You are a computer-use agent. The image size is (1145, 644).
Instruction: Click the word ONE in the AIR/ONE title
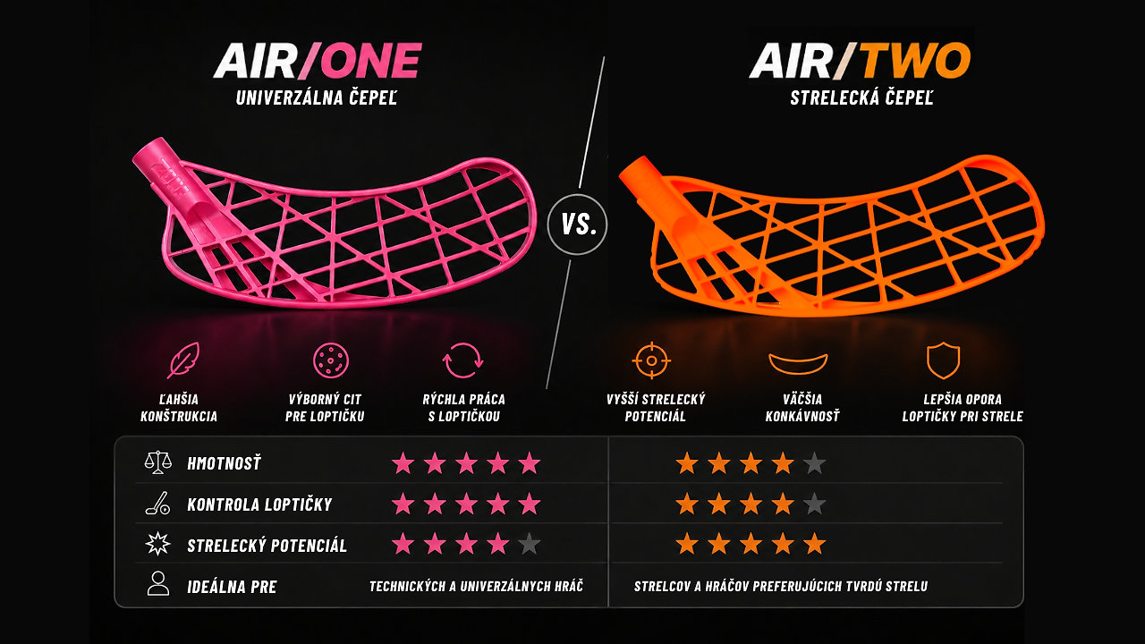click(x=373, y=60)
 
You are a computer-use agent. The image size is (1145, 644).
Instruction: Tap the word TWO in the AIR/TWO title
click(x=915, y=60)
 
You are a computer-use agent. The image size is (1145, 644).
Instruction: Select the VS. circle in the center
click(x=577, y=225)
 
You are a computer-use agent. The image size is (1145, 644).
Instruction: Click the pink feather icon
click(x=183, y=360)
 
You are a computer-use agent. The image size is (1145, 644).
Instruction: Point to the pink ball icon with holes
click(x=331, y=360)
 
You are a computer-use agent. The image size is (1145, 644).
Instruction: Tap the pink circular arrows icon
click(x=462, y=360)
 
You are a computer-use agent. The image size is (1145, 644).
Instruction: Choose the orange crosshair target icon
click(x=651, y=360)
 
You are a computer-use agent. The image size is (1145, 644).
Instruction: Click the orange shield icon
click(x=943, y=360)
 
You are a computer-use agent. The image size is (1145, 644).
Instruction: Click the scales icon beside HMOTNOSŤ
click(x=158, y=462)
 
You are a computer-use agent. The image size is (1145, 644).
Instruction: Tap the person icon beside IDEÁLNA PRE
click(x=158, y=583)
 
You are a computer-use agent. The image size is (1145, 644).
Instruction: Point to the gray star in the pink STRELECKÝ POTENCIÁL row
click(x=529, y=544)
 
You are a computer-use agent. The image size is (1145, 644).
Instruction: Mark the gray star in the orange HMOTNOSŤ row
click(x=814, y=463)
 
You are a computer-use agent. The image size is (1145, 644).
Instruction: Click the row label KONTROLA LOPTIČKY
click(x=259, y=504)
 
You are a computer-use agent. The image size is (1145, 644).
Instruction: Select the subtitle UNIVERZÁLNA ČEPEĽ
click(x=317, y=97)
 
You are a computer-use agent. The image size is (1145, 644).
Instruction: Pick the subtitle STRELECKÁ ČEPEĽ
click(x=861, y=97)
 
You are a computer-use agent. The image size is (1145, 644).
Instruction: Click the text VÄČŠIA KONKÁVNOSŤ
click(x=802, y=407)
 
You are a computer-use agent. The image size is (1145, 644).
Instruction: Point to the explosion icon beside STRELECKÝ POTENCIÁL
click(x=158, y=543)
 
